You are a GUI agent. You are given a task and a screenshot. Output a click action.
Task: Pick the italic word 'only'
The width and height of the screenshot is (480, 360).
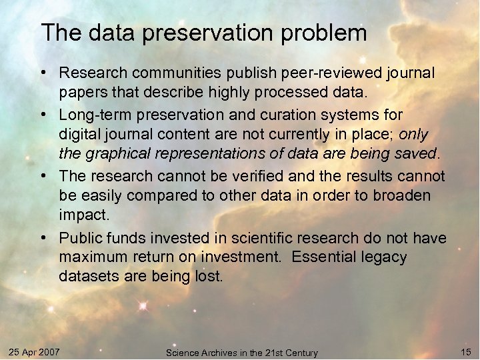click(x=413, y=135)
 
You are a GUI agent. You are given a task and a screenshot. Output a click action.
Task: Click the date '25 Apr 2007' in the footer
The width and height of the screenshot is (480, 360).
click(x=35, y=351)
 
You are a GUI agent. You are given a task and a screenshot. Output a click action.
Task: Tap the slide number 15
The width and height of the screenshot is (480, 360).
click(x=465, y=351)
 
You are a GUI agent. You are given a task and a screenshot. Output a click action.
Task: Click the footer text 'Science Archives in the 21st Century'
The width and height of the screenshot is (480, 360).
click(x=241, y=353)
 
